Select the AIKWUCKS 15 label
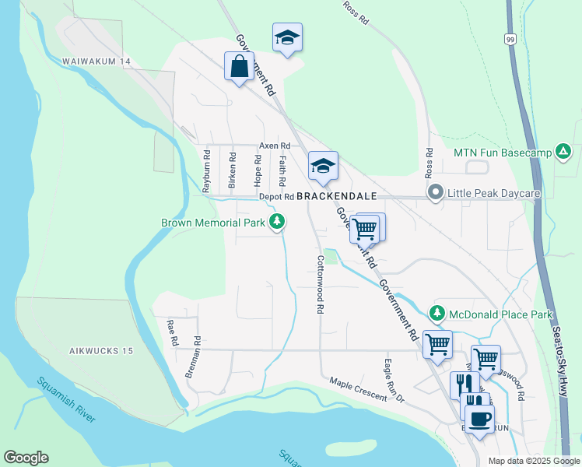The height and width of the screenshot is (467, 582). pyautogui.click(x=100, y=351)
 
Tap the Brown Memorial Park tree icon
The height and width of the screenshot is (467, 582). pyautogui.click(x=276, y=223)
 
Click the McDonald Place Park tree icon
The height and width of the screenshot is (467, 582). pyautogui.click(x=437, y=314)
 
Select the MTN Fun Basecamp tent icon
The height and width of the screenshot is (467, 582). pyautogui.click(x=563, y=152)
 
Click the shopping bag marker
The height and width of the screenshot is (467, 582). pyautogui.click(x=239, y=66)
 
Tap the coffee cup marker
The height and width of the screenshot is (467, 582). pyautogui.click(x=479, y=418)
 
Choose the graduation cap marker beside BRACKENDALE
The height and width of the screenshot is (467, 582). pyautogui.click(x=323, y=165)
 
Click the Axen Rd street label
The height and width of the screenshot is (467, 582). pyautogui.click(x=275, y=146)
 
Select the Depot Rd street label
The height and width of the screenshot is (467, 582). pyautogui.click(x=276, y=197)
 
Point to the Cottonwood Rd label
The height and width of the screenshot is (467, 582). pyautogui.click(x=320, y=284)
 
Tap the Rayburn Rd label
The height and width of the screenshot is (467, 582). pyautogui.click(x=207, y=171)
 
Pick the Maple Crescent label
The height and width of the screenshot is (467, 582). pyautogui.click(x=357, y=390)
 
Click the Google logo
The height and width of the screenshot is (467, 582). pyautogui.click(x=26, y=458)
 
